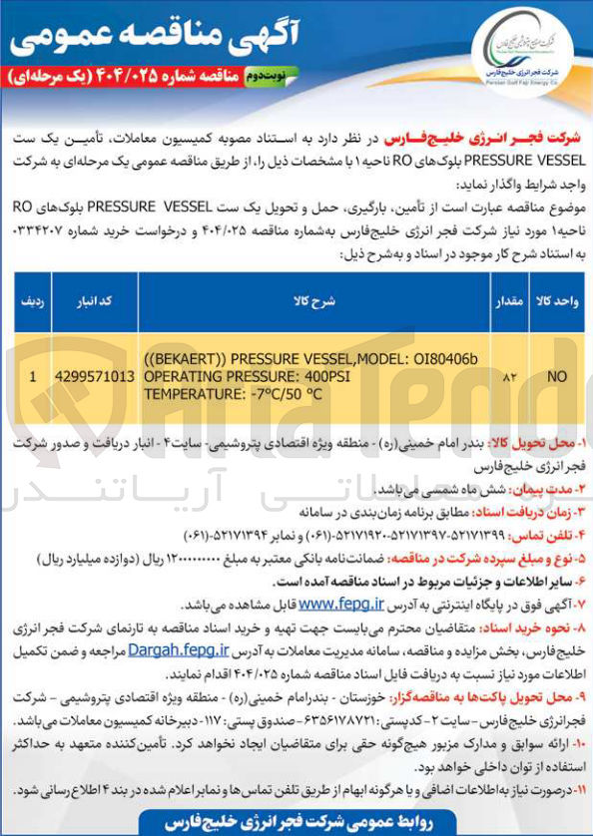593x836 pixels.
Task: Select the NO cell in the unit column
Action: (551, 377)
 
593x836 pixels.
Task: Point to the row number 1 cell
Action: (33, 377)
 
